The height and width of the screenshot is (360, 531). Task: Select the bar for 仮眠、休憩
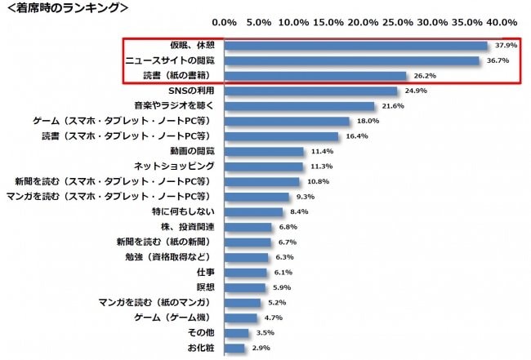tap(355, 46)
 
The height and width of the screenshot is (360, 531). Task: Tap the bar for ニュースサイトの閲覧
tap(351, 60)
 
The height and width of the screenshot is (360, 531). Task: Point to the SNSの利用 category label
tap(191, 91)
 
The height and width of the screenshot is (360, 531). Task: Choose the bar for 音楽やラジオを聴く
tap(299, 106)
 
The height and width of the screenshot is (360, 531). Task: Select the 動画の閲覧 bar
tap(264, 152)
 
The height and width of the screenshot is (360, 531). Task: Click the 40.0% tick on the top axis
tap(502, 22)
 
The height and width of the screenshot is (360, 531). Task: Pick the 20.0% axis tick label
tap(363, 22)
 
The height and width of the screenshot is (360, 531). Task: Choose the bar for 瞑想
tap(244, 287)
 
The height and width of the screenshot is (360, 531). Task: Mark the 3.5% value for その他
tap(264, 333)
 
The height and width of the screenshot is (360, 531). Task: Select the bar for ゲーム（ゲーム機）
tap(240, 318)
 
